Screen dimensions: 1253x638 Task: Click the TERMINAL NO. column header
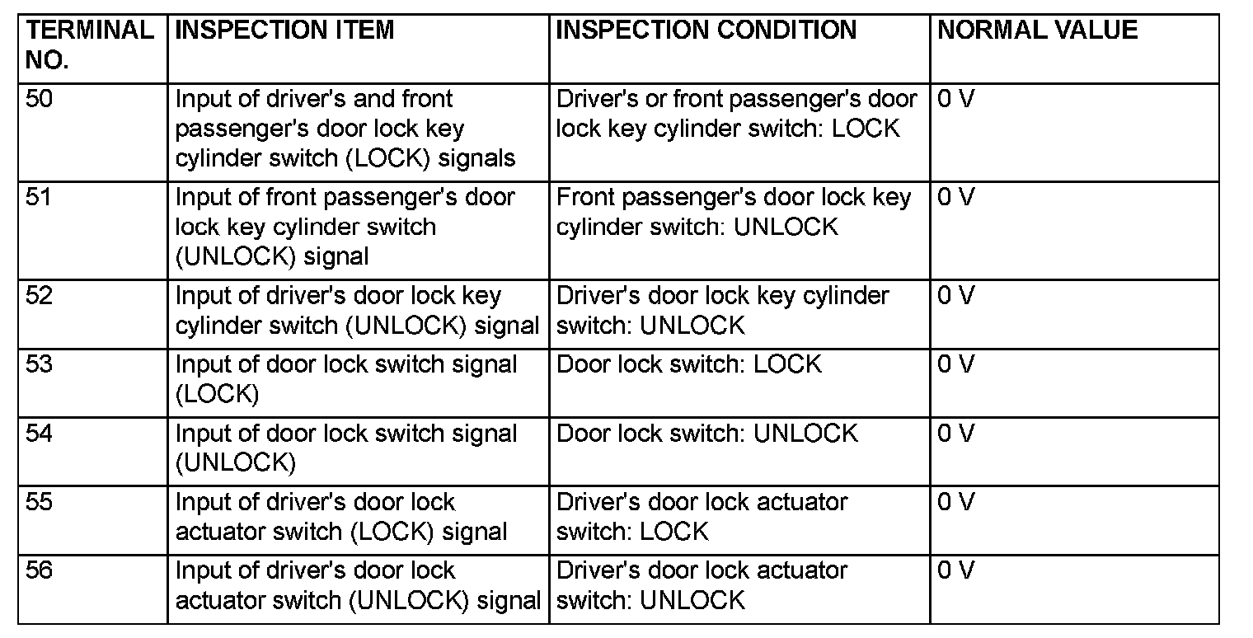click(x=89, y=45)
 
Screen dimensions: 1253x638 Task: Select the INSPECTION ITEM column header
click(x=284, y=30)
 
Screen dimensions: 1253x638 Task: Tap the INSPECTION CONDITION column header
click(x=706, y=30)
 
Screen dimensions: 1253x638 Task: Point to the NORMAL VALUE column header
click(x=1037, y=30)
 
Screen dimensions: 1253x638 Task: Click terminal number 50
click(x=39, y=100)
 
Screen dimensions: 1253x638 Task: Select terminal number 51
click(x=38, y=199)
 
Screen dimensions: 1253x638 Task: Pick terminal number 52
click(x=39, y=296)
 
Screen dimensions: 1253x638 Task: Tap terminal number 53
click(x=39, y=364)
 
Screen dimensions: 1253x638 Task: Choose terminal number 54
click(x=39, y=434)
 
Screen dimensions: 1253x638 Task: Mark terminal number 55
click(x=39, y=502)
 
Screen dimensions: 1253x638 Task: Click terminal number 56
click(x=39, y=570)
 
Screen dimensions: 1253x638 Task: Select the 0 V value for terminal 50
click(x=955, y=100)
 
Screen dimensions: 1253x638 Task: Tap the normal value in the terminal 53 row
click(x=955, y=364)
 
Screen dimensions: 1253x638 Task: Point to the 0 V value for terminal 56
click(x=955, y=570)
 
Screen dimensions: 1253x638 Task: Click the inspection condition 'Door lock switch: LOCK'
click(x=689, y=364)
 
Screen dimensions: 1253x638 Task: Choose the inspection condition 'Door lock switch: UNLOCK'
click(x=707, y=434)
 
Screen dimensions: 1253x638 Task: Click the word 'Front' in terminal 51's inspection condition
click(x=582, y=199)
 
